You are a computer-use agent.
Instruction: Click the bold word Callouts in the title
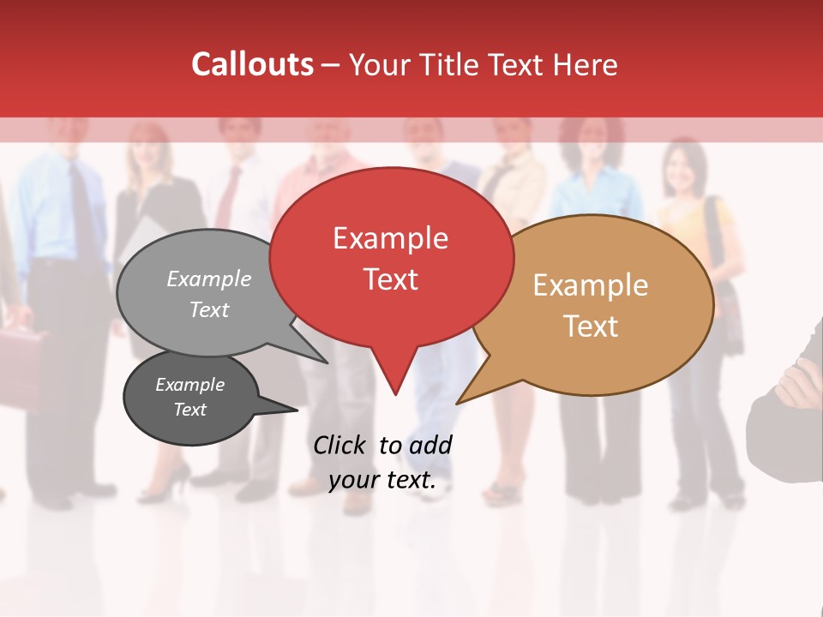pyautogui.click(x=252, y=64)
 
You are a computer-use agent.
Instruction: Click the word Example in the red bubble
pyautogui.click(x=390, y=238)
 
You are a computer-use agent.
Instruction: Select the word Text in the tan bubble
pyautogui.click(x=591, y=326)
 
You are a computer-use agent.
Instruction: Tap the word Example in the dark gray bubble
pyautogui.click(x=189, y=385)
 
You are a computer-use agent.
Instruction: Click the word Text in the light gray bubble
pyautogui.click(x=209, y=309)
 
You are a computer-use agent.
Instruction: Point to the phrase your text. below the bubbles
pyautogui.click(x=382, y=480)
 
